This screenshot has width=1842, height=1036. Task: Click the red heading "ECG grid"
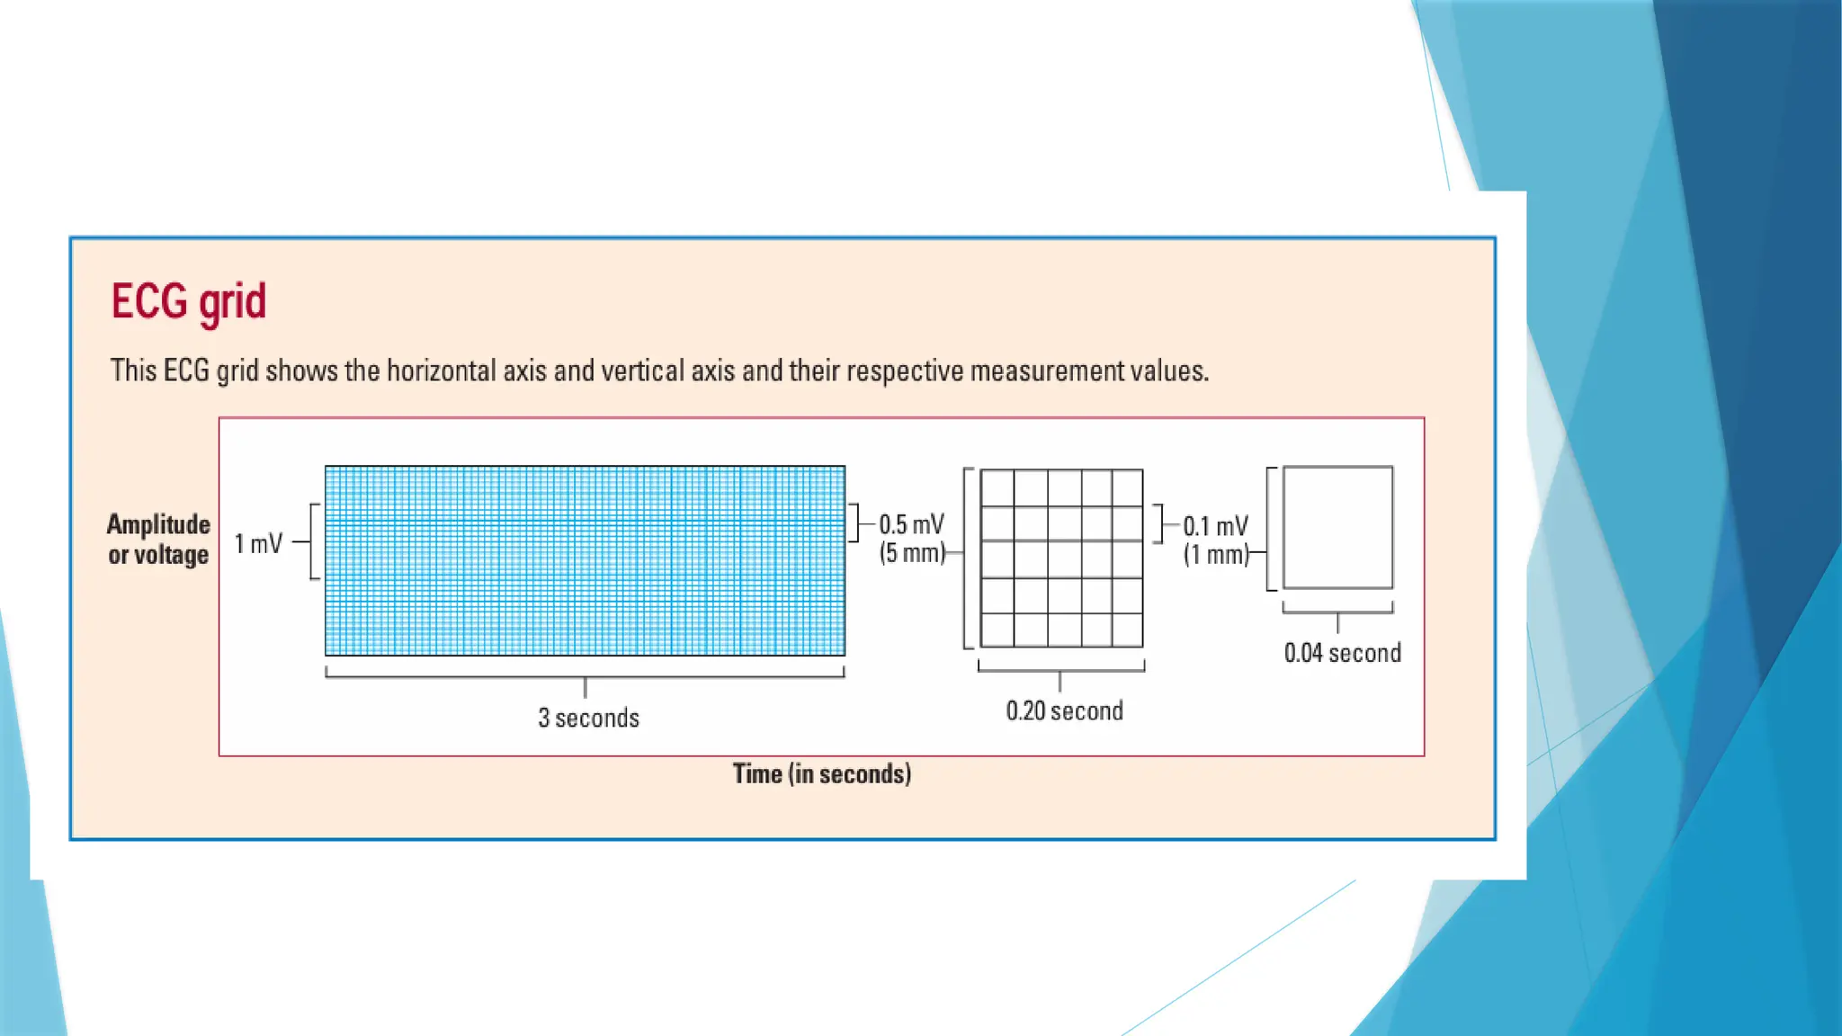click(189, 301)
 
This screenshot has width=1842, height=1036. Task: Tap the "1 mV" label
click(258, 543)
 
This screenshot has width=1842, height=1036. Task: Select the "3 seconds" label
click(588, 718)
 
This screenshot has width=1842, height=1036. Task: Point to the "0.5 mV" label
click(911, 524)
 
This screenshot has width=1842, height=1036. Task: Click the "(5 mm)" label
click(912, 552)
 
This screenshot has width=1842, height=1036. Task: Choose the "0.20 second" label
click(1064, 710)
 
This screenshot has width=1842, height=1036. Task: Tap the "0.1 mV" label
click(1215, 526)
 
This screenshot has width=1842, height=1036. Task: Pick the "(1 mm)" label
click(1216, 555)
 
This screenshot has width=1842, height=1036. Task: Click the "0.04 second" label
click(1342, 653)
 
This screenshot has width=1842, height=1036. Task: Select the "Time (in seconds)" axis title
click(821, 773)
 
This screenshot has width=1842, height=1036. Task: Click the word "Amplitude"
click(158, 524)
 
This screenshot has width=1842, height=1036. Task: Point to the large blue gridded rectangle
click(585, 560)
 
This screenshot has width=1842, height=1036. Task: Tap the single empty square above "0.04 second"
click(1337, 527)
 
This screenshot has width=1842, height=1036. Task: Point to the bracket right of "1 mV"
click(313, 541)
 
